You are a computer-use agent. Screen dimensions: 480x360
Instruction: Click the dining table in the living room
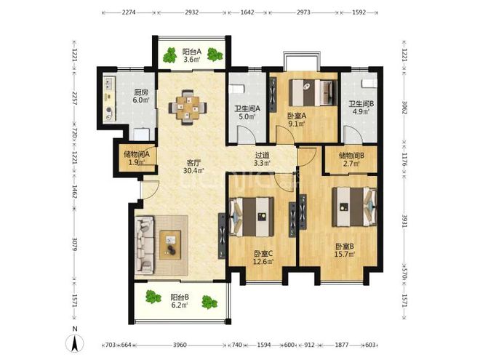click(188, 108)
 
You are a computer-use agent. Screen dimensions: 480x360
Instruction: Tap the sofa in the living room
click(145, 245)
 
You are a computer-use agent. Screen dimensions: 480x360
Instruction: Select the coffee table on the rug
click(170, 245)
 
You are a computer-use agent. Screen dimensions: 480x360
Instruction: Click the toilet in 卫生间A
click(236, 89)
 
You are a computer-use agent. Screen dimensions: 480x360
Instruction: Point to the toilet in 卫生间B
click(369, 83)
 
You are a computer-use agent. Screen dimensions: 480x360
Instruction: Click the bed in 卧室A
click(313, 93)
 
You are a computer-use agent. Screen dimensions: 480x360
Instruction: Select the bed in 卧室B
click(354, 207)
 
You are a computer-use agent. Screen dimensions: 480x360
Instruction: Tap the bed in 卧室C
click(252, 217)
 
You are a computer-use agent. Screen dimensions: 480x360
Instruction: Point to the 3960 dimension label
click(180, 345)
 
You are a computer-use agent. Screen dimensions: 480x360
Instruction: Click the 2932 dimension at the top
click(192, 12)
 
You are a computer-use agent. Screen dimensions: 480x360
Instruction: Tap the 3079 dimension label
click(74, 244)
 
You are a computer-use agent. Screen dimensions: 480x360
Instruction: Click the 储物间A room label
click(137, 154)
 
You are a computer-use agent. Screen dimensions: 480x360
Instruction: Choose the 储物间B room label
click(351, 156)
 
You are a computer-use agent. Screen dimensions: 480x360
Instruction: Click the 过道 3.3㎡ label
click(262, 159)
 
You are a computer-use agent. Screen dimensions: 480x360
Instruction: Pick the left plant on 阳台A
click(169, 55)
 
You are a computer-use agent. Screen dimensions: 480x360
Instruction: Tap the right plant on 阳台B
click(209, 302)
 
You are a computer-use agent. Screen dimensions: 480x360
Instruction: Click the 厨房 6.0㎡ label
click(141, 96)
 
